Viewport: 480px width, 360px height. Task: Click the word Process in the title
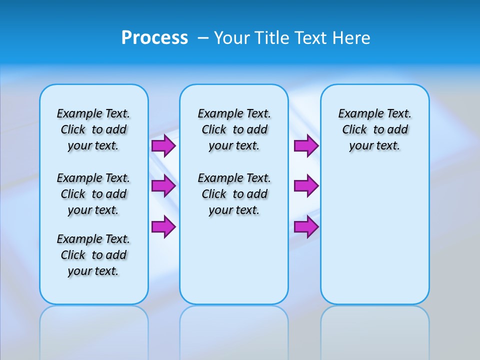point(154,38)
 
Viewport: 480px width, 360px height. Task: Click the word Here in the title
point(351,38)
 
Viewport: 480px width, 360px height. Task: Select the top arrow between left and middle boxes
point(163,146)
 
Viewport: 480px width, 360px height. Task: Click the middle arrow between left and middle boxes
point(163,186)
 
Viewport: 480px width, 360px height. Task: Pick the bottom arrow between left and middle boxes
point(163,226)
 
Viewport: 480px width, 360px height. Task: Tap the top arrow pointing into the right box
point(306,146)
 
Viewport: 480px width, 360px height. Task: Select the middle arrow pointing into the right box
point(306,186)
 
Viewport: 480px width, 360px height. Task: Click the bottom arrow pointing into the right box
point(306,226)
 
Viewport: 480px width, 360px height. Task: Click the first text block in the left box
point(93,129)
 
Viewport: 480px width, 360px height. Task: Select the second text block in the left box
point(93,194)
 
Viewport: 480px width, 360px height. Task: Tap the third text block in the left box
point(93,255)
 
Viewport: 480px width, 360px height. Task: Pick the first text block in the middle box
point(234,129)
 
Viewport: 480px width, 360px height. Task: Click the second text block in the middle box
point(234,194)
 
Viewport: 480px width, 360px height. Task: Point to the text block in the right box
point(374,129)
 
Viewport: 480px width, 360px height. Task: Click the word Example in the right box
point(357,113)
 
